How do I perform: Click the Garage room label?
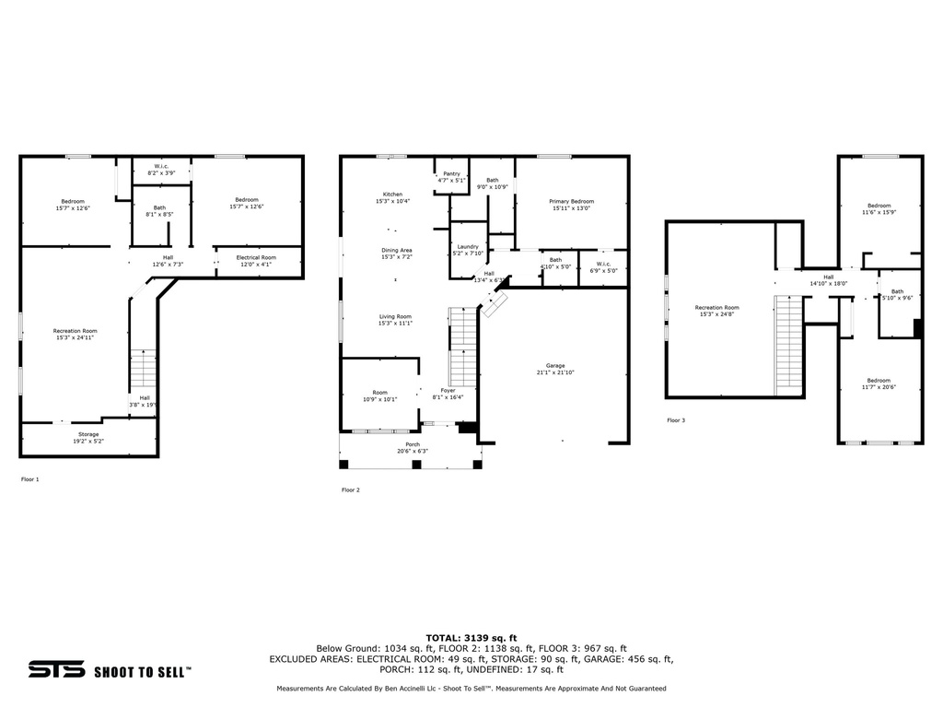[555, 365]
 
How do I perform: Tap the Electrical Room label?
[256, 257]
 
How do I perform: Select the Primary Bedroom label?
[571, 201]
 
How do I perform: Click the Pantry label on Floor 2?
[451, 173]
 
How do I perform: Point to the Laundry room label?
[467, 246]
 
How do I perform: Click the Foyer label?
[448, 391]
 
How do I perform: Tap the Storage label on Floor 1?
[88, 434]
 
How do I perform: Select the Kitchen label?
[393, 195]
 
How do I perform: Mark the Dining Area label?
[396, 250]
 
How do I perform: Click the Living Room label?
[395, 316]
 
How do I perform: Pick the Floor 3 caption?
[676, 420]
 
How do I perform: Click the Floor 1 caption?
[30, 479]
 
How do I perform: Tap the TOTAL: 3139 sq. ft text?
[471, 637]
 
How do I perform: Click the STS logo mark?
[56, 669]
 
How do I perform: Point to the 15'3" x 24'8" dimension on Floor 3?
[716, 314]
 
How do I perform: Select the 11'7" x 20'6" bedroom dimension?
[878, 387]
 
